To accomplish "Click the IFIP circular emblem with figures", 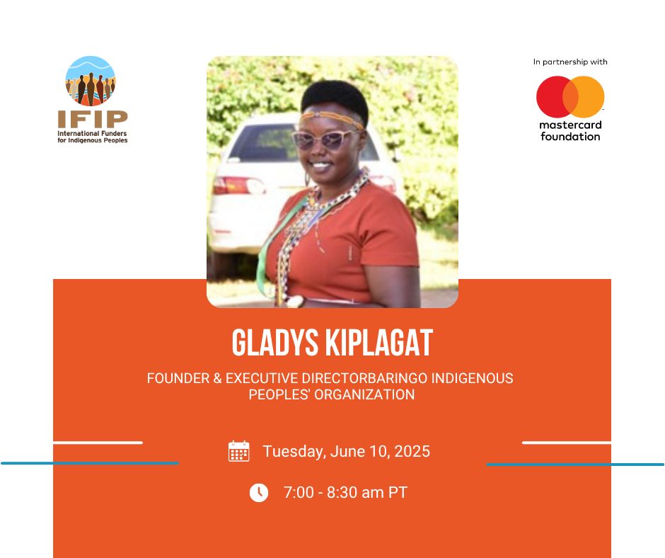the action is point(91,81).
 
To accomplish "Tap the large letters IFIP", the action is point(93,120).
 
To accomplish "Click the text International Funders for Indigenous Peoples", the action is point(93,137).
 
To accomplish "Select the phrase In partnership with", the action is point(570,62).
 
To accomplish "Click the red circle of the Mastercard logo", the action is point(553,97).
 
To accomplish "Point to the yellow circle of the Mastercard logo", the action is point(587,97).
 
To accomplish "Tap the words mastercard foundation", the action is point(570,131).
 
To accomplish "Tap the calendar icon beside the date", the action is point(239,451).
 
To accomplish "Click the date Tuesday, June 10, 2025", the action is point(347,451).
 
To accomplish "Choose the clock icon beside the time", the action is point(259,493).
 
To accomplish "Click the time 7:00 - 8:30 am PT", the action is point(345,493).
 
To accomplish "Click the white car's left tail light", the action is point(239,185).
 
